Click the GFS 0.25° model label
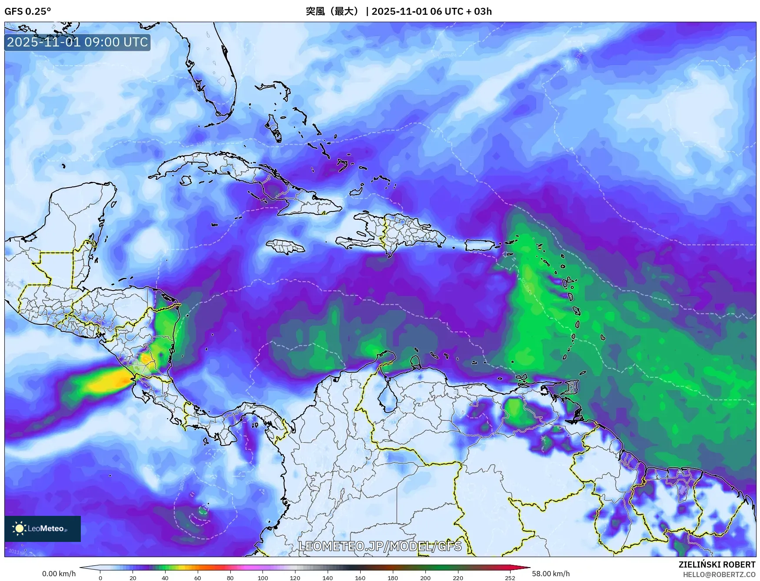tap(27, 11)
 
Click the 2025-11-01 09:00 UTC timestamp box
tap(77, 42)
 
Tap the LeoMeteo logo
tap(42, 528)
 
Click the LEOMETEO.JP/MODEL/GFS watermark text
tap(380, 545)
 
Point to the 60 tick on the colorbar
tap(198, 578)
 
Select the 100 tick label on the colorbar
tap(262, 578)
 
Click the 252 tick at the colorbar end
tap(510, 578)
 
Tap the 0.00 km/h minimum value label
tap(59, 574)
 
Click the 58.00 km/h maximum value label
tap(551, 574)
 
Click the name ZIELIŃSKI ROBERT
tap(717, 564)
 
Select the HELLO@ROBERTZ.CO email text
tap(719, 574)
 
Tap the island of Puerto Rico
tap(480, 245)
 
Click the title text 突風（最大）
tap(333, 11)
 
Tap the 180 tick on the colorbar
tap(392, 578)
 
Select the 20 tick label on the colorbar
tap(133, 578)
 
